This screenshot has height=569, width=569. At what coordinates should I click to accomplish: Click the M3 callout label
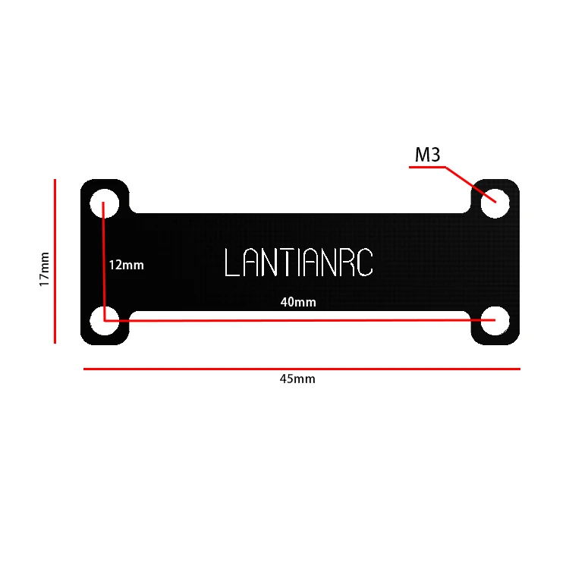[427, 156]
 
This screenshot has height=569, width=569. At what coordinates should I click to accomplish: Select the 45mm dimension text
[297, 379]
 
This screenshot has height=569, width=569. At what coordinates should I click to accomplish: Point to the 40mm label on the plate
[298, 302]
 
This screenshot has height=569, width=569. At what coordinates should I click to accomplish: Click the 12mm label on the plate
[126, 266]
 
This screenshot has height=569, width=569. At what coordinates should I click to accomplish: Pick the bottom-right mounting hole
[495, 319]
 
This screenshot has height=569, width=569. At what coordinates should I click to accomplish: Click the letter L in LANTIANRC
[231, 262]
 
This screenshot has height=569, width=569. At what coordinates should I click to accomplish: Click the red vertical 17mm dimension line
[55, 262]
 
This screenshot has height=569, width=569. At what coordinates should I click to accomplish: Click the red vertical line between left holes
[104, 262]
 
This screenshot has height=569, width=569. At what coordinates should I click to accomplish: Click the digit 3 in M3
[435, 156]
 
